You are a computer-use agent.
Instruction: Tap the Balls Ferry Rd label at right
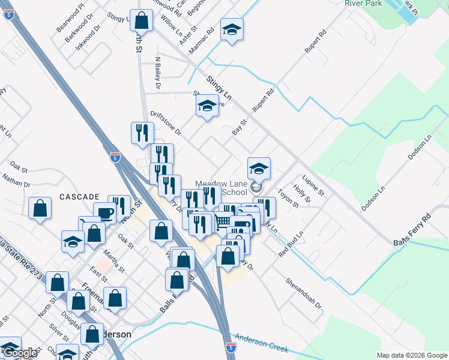[x=412, y=229]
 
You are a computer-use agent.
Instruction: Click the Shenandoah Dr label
[x=304, y=293]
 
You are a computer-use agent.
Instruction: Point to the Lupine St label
[x=313, y=185]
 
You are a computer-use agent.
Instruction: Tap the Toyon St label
[x=288, y=199]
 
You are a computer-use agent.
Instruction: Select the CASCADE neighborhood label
[x=79, y=197]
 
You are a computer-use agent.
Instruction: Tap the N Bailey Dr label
[x=158, y=73]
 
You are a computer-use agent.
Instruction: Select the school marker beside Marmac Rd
[x=232, y=29]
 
